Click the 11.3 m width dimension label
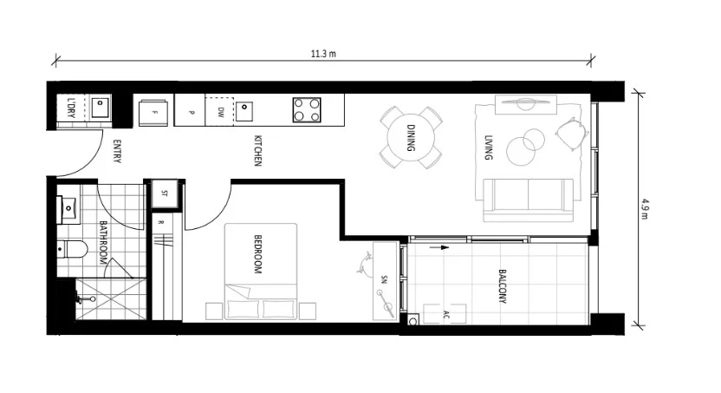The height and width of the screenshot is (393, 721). tap(323, 54)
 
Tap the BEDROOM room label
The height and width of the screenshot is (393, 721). tap(257, 254)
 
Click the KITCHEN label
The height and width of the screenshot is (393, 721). tap(257, 151)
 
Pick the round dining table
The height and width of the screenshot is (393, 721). tap(411, 138)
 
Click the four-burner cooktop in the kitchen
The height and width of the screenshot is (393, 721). tap(305, 110)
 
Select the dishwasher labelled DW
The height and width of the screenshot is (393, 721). tap(219, 111)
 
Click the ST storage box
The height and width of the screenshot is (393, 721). tap(164, 194)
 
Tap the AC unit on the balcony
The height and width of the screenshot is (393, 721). tap(446, 313)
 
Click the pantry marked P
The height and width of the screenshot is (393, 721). tap(189, 111)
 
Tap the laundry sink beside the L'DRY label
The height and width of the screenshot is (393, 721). tap(101, 108)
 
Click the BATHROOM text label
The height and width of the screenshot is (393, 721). tap(101, 243)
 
